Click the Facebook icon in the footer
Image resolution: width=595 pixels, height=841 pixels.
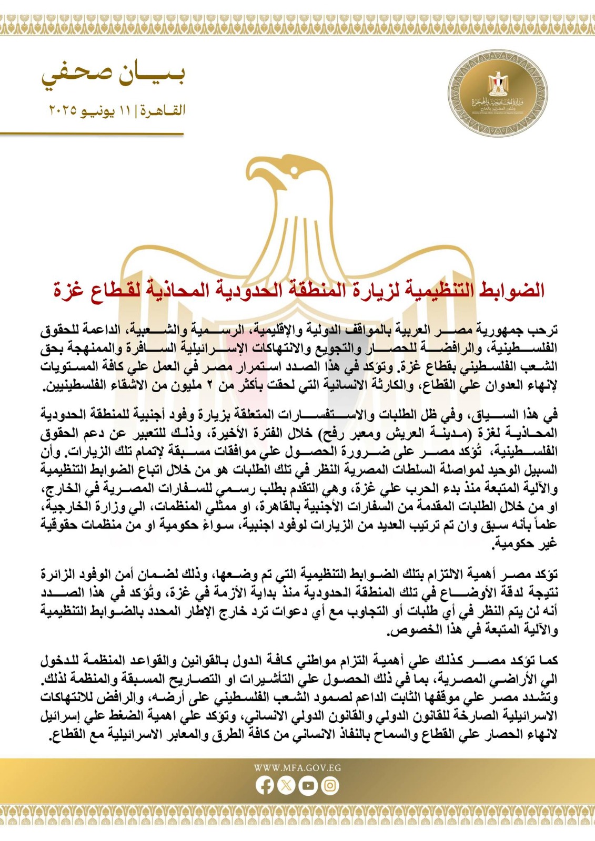265,785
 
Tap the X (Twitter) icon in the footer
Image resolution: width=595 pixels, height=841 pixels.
286,785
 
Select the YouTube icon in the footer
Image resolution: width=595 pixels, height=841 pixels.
308,785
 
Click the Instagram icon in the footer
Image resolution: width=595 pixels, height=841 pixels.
330,785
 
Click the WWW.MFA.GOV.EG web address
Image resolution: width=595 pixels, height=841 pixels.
297,767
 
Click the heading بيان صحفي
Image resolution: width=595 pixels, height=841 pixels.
113,75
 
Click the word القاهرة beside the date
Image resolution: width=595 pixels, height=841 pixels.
163,111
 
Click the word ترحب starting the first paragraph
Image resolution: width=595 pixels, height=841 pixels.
543,331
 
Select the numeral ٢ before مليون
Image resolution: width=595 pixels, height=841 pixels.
209,385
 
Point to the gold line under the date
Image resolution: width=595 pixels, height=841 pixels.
92,134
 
